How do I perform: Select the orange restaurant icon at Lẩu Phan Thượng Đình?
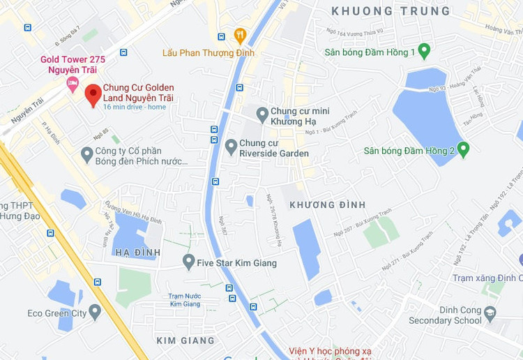click(x=241, y=35)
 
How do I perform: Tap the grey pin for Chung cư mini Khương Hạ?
click(x=262, y=114)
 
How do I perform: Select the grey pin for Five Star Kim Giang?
click(x=188, y=262)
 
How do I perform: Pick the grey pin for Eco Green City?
click(x=95, y=313)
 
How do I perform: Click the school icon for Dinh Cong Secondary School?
click(x=490, y=313)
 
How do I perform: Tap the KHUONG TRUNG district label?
click(x=391, y=11)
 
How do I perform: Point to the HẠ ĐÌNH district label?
click(x=138, y=252)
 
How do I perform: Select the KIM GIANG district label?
click(x=185, y=340)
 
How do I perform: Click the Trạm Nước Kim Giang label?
click(x=185, y=300)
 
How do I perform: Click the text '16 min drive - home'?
click(x=135, y=107)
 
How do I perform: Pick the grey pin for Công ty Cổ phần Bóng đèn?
click(x=87, y=153)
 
